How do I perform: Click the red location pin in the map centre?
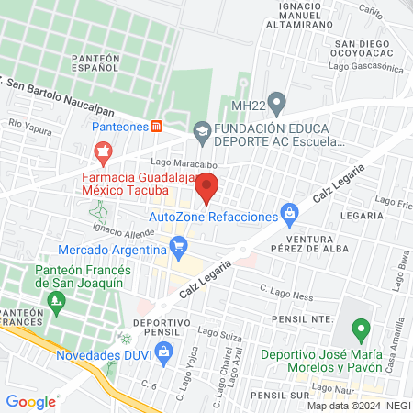pyautogui.click(x=207, y=186)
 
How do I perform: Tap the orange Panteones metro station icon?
pyautogui.click(x=158, y=126)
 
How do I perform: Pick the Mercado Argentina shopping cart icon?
pyautogui.click(x=178, y=246)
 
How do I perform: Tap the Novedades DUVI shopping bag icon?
pyautogui.click(x=164, y=351)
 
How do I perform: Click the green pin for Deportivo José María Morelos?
pyautogui.click(x=362, y=329)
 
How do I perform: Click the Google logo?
pyautogui.click(x=31, y=401)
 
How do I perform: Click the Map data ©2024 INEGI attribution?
pyautogui.click(x=357, y=405)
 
